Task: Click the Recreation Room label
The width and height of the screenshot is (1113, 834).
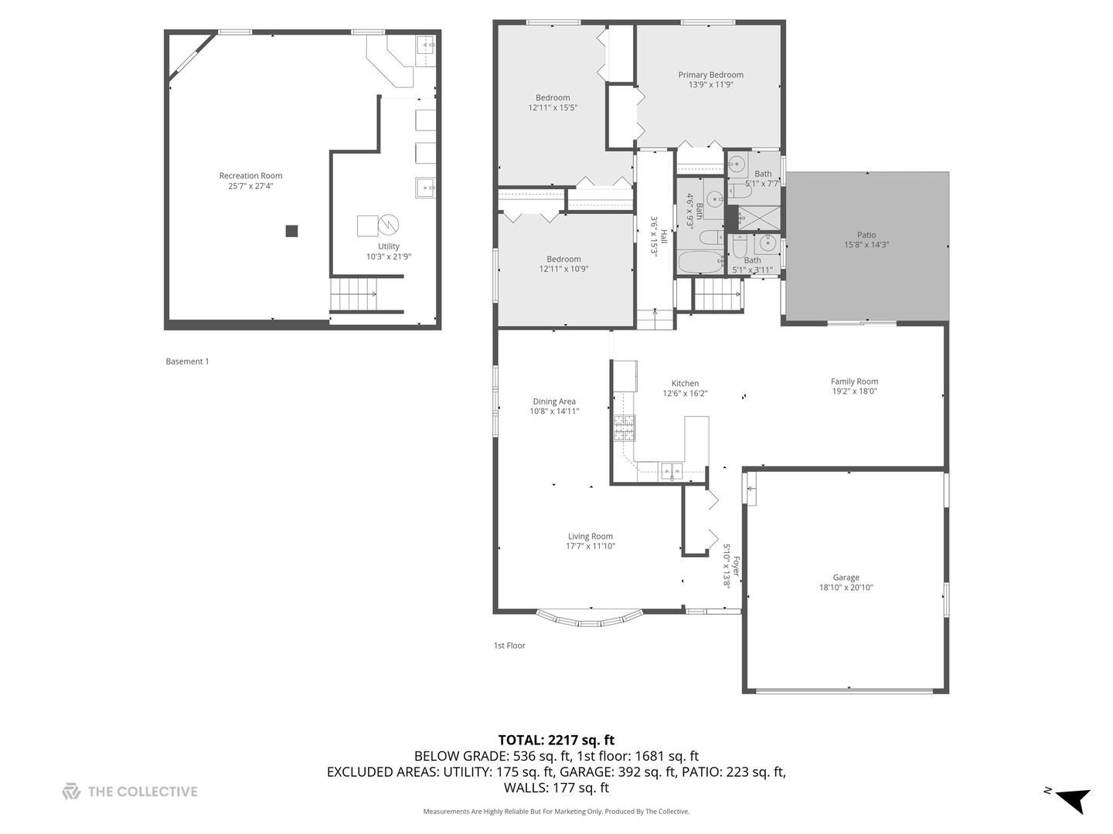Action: (250, 176)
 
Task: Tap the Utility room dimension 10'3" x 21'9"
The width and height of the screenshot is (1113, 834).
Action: (389, 256)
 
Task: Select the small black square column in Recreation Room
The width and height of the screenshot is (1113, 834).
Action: (291, 231)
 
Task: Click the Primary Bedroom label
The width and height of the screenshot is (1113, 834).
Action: (710, 75)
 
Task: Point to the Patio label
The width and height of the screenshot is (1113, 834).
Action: (866, 235)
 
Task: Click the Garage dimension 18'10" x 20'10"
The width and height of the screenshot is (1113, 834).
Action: (846, 588)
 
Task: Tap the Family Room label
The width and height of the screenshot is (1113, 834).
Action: (854, 381)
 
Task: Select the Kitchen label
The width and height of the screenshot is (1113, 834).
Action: (685, 383)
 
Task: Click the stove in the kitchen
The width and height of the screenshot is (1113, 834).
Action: (625, 428)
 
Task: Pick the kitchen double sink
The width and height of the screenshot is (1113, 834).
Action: (670, 470)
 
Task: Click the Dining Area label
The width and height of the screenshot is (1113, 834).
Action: (554, 402)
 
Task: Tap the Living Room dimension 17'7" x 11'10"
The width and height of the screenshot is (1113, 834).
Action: (591, 547)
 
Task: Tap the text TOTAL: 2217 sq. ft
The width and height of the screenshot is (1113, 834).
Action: (556, 740)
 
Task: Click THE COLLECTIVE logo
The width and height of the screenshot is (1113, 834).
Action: (130, 792)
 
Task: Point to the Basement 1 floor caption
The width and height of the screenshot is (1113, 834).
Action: (187, 361)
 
